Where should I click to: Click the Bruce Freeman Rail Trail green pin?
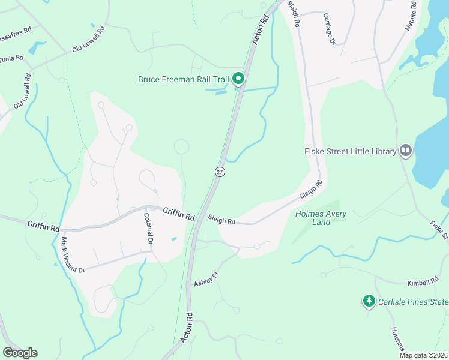[x=238, y=79]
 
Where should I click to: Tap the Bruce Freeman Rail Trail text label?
[x=184, y=79]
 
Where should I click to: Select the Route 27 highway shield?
[x=220, y=172]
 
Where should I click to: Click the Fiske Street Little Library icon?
[x=406, y=151]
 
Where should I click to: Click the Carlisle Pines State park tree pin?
[x=369, y=301]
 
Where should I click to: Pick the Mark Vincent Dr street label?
[x=73, y=254]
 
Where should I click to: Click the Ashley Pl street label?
[x=205, y=278]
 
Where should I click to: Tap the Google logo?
[x=20, y=353]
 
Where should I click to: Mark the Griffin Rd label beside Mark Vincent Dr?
[x=43, y=227]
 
